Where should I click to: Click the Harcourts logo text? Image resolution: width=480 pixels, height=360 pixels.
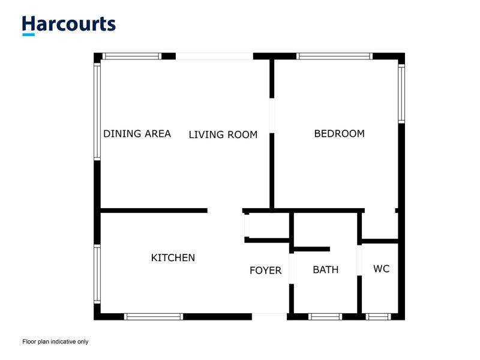(x=68, y=24)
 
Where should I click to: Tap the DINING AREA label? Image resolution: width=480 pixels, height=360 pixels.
(x=137, y=134)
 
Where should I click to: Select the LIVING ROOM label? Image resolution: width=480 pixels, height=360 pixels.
(x=223, y=134)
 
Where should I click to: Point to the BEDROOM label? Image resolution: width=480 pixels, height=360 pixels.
(x=339, y=134)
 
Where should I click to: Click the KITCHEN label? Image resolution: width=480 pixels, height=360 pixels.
(x=173, y=258)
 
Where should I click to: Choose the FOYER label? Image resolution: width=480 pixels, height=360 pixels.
(x=266, y=271)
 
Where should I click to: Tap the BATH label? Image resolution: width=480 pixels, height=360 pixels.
(x=326, y=270)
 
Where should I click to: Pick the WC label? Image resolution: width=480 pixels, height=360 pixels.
(x=382, y=269)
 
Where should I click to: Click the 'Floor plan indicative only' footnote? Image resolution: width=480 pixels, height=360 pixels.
(x=55, y=341)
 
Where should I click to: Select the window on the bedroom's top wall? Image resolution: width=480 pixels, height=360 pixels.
(x=335, y=56)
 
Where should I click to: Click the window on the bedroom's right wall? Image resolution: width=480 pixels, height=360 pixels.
(x=401, y=93)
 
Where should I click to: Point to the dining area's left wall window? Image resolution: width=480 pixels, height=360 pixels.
(x=97, y=112)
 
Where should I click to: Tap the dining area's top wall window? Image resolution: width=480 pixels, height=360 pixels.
(x=131, y=56)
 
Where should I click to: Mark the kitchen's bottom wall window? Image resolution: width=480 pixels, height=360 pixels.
(x=153, y=316)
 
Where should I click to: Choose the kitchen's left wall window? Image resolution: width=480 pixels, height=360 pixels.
(x=97, y=274)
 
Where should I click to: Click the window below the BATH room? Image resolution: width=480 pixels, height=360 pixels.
(x=326, y=316)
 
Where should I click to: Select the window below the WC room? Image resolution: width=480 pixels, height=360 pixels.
(x=378, y=316)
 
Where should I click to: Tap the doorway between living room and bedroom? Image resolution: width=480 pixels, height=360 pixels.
(x=272, y=115)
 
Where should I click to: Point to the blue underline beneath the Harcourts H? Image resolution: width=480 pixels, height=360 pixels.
(x=28, y=35)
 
